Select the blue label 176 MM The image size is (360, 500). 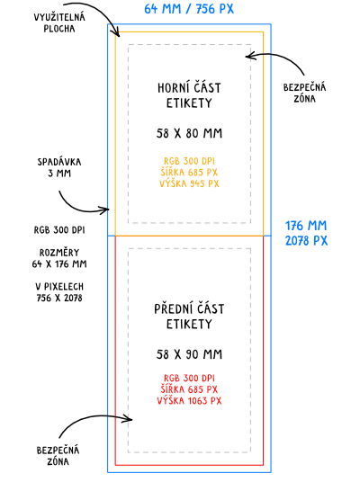click(x=306, y=226)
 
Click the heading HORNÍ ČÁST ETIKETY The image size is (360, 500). click(x=189, y=95)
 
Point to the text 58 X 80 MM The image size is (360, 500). click(x=189, y=133)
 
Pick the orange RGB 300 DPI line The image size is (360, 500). click(x=189, y=161)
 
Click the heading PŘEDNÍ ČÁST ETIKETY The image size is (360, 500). click(x=189, y=317)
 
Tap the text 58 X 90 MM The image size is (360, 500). click(x=189, y=354)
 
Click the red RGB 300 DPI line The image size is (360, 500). click(x=189, y=379)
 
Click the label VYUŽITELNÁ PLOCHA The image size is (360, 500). click(x=59, y=22)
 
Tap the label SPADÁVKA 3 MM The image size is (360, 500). click(x=59, y=167)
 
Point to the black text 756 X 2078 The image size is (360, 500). click(x=59, y=299)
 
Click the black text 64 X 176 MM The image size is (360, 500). click(x=59, y=264)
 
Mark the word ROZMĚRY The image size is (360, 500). click(x=59, y=253)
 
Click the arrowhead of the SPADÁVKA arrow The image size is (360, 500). click(x=108, y=210)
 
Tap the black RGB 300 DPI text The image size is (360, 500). click(x=59, y=230)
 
